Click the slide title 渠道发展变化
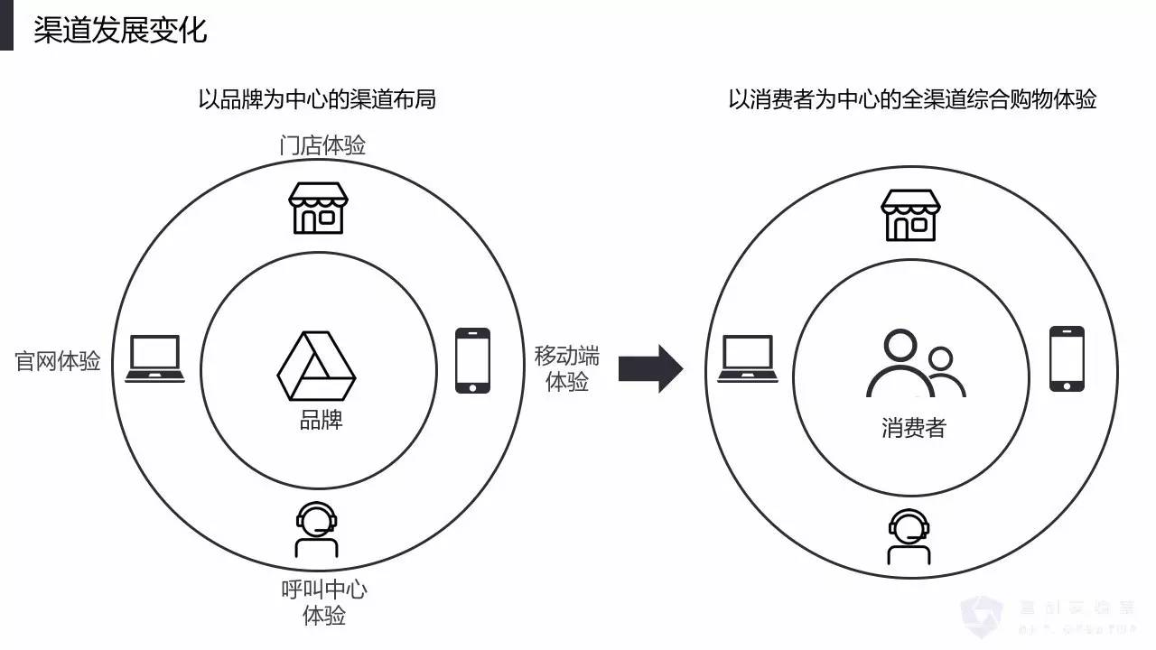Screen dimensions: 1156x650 pos(120,30)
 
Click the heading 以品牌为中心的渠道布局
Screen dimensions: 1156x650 pos(317,99)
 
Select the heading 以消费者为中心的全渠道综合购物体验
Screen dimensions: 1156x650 pos(912,99)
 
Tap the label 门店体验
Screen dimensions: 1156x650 pos(322,145)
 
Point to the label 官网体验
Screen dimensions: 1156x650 pos(59,362)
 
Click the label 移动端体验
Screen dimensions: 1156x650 pos(566,368)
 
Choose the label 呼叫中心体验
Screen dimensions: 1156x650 pos(324,602)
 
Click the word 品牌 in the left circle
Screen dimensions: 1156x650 pos(322,420)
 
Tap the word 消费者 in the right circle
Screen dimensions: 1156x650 pos(913,427)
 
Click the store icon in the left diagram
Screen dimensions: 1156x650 pos(317,208)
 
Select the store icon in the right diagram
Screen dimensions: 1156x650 pos(910,215)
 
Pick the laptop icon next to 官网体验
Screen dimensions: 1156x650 pos(154,358)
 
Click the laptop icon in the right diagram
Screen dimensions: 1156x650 pos(748,358)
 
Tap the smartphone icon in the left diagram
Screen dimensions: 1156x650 pos(472,360)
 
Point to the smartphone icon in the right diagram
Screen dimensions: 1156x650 pos(1067,358)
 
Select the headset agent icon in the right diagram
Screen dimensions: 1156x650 pos(909,536)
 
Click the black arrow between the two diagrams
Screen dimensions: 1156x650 pos(651,367)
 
